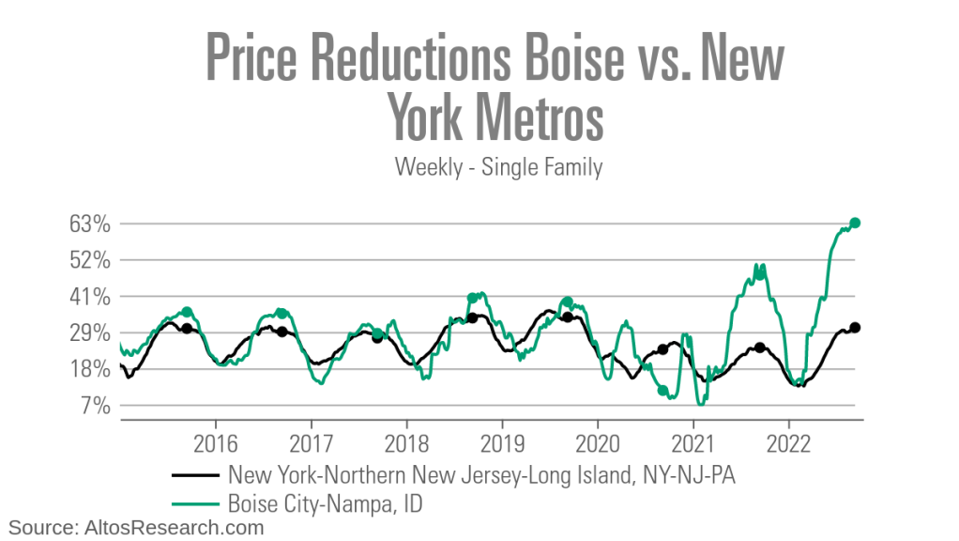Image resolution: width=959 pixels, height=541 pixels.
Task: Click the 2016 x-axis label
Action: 217,442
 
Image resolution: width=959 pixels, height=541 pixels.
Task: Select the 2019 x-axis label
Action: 503,442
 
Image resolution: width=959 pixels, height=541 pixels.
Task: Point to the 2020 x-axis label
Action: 599,442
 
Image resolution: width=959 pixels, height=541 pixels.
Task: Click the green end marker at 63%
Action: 855,223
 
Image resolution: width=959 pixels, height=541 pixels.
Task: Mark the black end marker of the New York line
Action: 855,327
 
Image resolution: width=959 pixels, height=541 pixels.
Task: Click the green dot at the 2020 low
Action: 662,390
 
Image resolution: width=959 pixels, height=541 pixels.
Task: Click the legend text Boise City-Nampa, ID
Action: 320,503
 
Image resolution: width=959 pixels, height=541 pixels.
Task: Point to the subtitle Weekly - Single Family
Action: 498,167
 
